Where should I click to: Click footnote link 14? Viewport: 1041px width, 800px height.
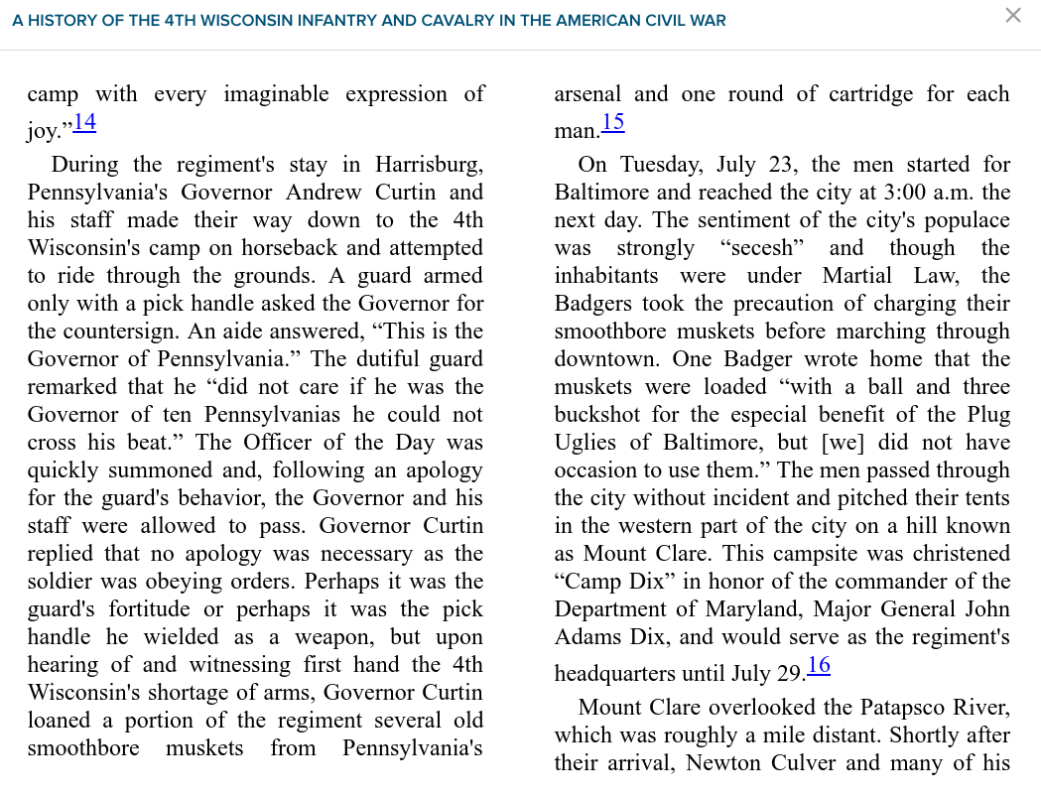84,123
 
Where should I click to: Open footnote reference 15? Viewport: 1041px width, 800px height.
612,123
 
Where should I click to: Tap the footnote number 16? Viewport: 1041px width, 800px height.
818,666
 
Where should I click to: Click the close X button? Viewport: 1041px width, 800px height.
1012,16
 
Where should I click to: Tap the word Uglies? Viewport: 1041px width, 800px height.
587,443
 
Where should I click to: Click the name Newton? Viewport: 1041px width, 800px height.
724,763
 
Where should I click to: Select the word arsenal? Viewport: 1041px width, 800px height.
587,95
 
